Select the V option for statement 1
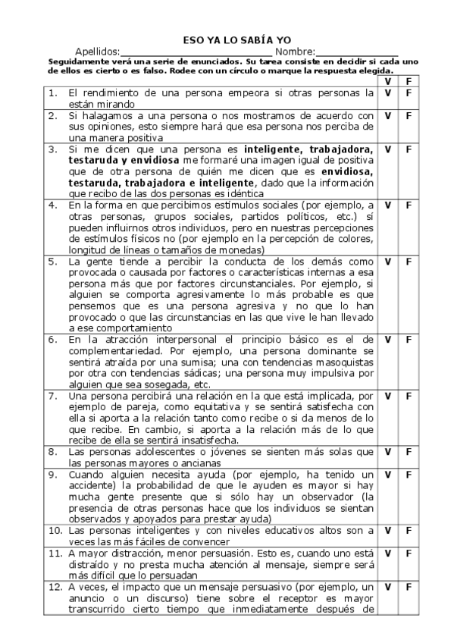[x=387, y=93]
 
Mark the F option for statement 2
[x=409, y=116]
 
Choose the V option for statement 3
[x=387, y=149]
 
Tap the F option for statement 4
[x=409, y=205]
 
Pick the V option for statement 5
[x=387, y=262]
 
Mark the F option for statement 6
[x=409, y=339]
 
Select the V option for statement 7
[x=387, y=395]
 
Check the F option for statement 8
[x=409, y=451]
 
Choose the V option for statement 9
[x=387, y=474]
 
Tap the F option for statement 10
[x=409, y=530]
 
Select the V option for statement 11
[x=387, y=553]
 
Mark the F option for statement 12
[x=409, y=586]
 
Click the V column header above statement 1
[x=387, y=80]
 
